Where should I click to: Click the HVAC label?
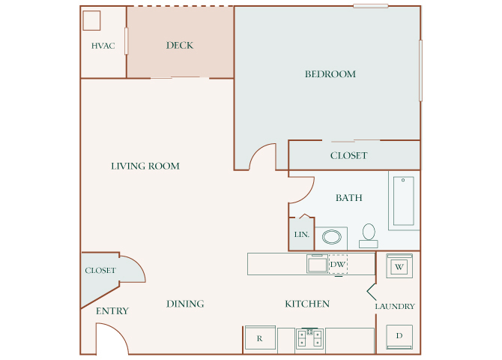pos(103,46)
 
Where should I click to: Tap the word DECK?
pos(180,45)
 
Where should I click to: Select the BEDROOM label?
pos(330,73)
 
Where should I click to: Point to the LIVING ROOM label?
pos(145,166)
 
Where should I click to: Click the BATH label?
pos(349,198)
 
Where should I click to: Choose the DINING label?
pos(185,304)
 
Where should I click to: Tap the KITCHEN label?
pos(307,304)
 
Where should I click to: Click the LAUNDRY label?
pos(395,306)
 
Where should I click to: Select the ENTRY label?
pos(112,310)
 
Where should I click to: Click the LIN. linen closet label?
pos(301,235)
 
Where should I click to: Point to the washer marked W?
pos(399,266)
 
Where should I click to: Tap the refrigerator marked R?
pos(259,338)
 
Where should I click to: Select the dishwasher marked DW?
pos(337,264)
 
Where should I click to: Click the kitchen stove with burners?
pos(309,338)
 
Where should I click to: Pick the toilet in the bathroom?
pos(368,235)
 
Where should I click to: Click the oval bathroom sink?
pos(331,238)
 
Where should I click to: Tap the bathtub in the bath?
pos(404,200)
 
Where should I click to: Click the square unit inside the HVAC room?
pos(92,20)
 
